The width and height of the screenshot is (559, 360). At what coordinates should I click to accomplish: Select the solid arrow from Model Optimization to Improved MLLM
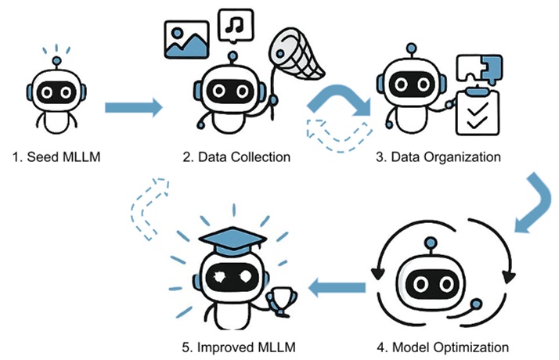coord(337,290)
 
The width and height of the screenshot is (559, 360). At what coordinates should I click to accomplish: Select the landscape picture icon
coord(186,39)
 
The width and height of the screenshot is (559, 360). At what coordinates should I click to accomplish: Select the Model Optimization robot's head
coord(445,278)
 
